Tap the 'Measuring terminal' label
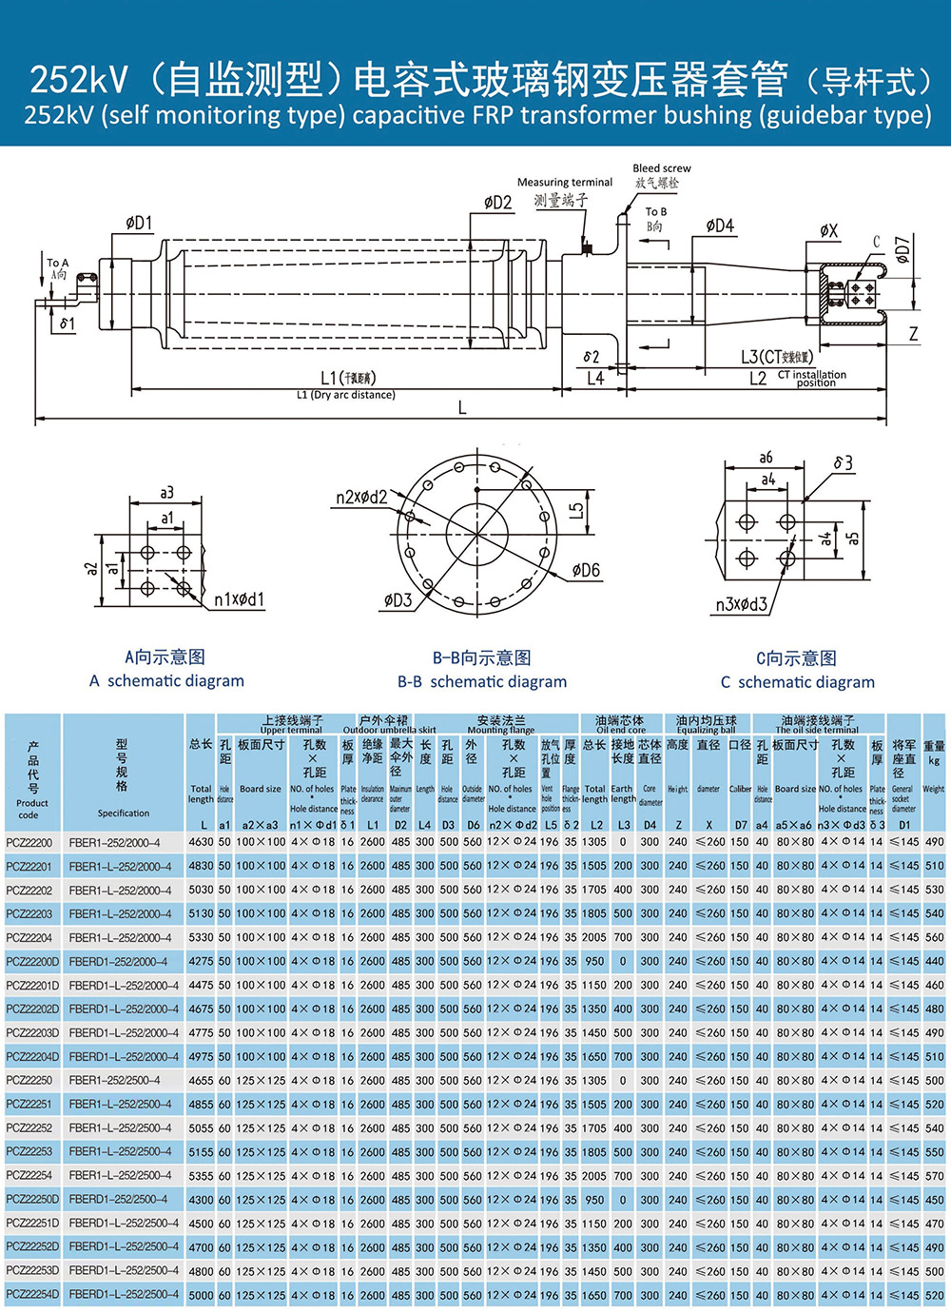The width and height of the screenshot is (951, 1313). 564,182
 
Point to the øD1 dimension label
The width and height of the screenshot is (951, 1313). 139,223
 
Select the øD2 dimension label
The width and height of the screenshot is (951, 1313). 497,202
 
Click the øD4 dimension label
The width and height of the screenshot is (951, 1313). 720,225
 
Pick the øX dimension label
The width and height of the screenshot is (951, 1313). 829,230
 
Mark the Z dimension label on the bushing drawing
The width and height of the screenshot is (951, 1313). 913,334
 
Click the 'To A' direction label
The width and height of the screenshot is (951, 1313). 58,263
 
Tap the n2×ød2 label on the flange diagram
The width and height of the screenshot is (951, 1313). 361,497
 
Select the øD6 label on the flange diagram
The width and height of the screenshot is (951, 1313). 586,570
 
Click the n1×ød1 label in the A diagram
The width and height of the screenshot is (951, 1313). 239,599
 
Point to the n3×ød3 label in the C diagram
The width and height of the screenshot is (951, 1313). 741,604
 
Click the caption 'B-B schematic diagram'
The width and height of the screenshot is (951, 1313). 481,681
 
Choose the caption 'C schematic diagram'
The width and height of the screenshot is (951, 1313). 797,681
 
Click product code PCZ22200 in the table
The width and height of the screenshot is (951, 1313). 29,842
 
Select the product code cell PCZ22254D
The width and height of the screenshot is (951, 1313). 32,1294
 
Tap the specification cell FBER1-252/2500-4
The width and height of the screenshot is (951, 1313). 114,1080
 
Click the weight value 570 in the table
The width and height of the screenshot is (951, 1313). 934,1175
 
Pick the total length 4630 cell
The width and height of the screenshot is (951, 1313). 201,842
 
